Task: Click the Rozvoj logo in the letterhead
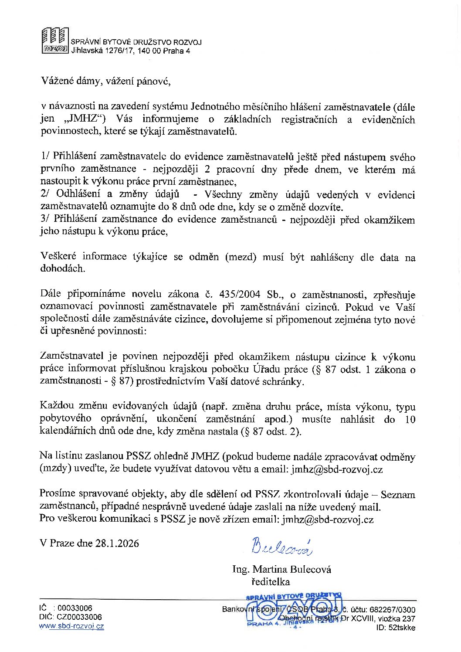(55, 41)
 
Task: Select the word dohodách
(63, 268)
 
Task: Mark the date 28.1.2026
(117, 543)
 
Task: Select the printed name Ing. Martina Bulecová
(281, 569)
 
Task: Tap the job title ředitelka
(270, 581)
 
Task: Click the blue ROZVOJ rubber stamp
(294, 610)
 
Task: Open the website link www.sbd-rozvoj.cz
(72, 626)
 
